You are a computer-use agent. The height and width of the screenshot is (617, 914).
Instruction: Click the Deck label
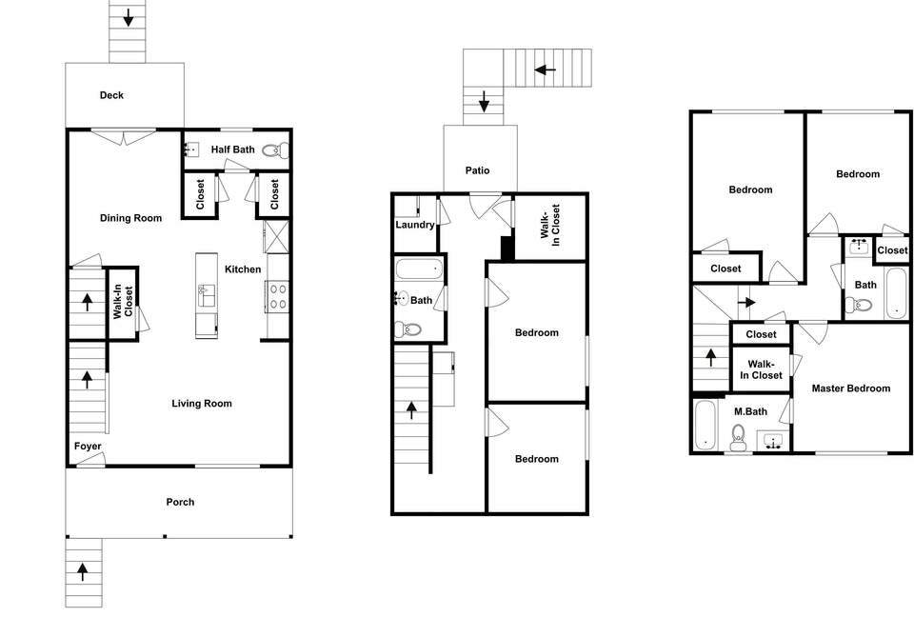pos(112,95)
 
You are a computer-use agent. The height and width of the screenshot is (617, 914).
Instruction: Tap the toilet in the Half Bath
pos(274,149)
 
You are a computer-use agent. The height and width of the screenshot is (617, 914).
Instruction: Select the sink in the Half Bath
pos(190,149)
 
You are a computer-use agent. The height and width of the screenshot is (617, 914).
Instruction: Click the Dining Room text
pos(131,218)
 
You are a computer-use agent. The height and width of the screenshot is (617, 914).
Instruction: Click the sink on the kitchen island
pos(204,295)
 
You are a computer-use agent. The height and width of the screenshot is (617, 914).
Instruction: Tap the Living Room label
pos(202,404)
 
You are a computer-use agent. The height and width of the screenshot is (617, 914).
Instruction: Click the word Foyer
pos(88,447)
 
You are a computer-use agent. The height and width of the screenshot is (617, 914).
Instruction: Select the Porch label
pos(180,502)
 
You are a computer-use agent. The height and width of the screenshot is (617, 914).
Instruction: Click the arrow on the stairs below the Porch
pos(83,571)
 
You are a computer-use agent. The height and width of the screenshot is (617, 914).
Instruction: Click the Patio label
pos(477,170)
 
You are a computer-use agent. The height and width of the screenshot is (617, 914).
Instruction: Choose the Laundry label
pos(415,226)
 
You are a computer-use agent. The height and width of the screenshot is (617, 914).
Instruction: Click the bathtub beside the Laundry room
pos(419,269)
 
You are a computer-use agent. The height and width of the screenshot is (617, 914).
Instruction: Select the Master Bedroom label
pos(851,388)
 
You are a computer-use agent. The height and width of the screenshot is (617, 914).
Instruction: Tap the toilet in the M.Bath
pos(736,439)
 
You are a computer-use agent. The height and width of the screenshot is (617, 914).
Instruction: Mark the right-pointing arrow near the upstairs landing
pos(747,304)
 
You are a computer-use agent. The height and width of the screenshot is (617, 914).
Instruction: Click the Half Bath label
pos(232,149)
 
